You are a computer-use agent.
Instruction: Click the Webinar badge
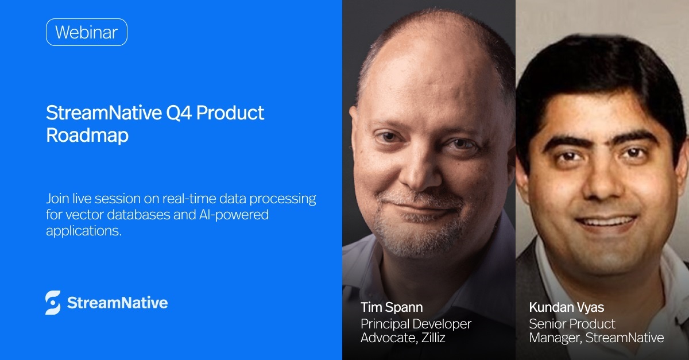[86, 32]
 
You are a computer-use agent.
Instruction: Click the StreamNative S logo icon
[53, 303]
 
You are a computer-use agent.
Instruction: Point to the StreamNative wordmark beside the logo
[117, 303]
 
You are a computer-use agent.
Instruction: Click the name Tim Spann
[392, 307]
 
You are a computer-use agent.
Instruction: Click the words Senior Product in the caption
[572, 324]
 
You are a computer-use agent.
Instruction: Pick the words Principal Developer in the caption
[416, 324]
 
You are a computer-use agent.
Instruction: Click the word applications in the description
[84, 231]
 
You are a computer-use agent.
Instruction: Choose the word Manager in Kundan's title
[555, 338]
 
